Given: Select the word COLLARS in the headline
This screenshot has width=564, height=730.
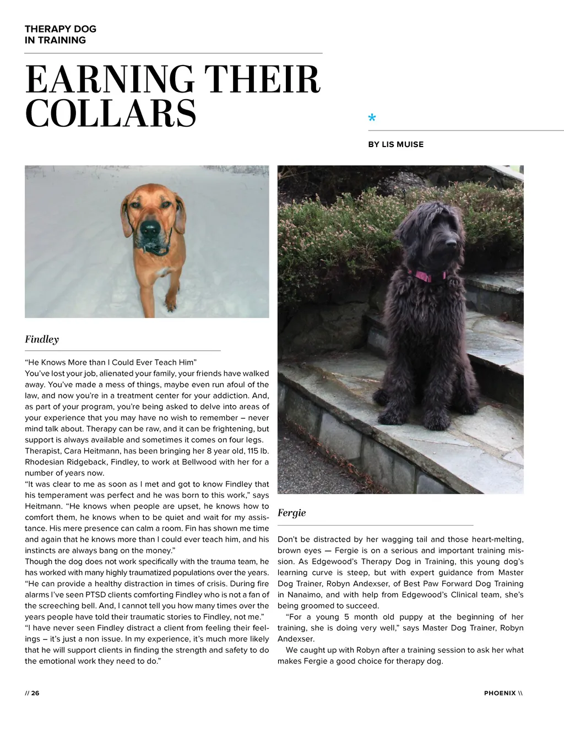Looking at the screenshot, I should [110, 113].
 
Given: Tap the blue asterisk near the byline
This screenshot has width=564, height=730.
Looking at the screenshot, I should [372, 118].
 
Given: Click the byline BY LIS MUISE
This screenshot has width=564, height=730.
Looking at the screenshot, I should [395, 144].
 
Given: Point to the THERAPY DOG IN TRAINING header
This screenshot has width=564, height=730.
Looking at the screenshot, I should [60, 34].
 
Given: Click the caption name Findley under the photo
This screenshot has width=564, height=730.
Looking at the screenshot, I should [42, 339].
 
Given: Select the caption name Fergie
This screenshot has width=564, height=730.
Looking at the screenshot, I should [291, 513].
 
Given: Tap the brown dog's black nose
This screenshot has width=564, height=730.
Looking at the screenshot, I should [149, 228].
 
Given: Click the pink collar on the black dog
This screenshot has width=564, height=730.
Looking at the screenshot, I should [427, 274].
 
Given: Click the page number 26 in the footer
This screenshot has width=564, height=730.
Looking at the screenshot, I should [35, 693].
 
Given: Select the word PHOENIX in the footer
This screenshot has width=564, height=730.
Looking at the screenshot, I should [500, 693].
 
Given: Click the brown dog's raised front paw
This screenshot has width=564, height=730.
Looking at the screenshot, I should [171, 302].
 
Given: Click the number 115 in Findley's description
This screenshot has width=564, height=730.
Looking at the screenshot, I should [254, 451].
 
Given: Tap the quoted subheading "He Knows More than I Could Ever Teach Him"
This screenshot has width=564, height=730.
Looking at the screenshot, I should [111, 362].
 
